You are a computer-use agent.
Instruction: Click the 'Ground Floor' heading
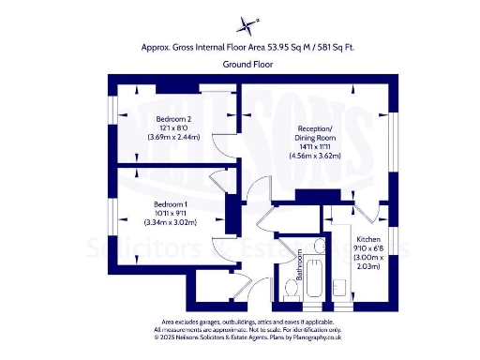pos(241,65)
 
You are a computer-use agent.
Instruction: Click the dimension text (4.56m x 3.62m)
pos(314,156)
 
